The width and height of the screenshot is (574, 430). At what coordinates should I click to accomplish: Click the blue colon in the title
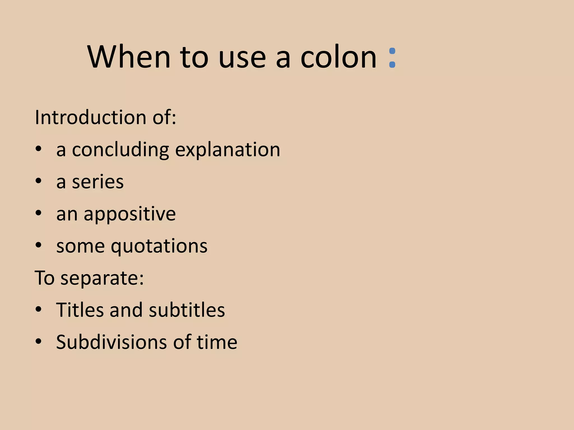click(392, 58)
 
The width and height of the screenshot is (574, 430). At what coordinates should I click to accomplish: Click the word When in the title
click(129, 57)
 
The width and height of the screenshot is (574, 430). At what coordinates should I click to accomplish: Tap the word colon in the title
click(338, 57)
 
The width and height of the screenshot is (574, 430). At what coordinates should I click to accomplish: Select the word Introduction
click(90, 117)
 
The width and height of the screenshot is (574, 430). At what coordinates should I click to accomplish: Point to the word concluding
click(120, 150)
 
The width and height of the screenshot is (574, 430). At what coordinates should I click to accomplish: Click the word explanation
click(228, 150)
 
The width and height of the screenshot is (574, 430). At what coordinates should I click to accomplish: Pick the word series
click(98, 182)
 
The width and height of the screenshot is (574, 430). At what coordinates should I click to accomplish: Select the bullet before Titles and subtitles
click(38, 309)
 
